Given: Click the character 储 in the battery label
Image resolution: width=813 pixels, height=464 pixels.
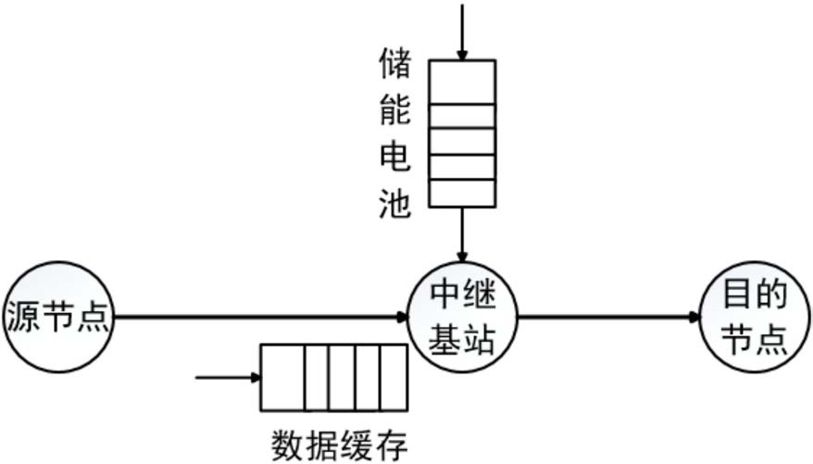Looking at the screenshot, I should (x=394, y=67).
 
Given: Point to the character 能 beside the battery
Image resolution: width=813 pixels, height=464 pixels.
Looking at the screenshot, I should (x=394, y=114).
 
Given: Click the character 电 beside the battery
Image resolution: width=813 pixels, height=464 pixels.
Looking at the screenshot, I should (x=394, y=160).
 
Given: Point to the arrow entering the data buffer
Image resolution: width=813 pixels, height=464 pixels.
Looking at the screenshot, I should (x=226, y=377).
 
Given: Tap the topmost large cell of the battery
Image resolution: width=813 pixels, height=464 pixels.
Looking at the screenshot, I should (x=461, y=82).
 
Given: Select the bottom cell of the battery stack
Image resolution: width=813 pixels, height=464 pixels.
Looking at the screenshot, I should (x=461, y=193).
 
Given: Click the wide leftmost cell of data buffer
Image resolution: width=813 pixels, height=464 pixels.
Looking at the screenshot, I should (x=281, y=377).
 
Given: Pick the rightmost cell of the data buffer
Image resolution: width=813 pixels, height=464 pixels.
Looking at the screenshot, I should (x=393, y=377).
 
